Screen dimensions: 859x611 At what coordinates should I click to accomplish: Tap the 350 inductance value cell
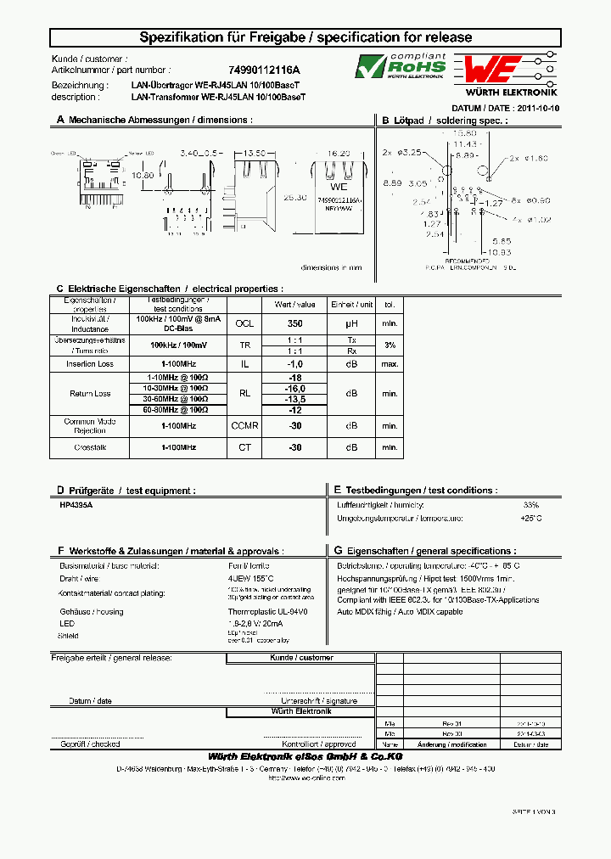294,323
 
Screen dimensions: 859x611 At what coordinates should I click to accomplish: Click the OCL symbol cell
244,323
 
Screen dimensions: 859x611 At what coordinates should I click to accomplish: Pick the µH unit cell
352,323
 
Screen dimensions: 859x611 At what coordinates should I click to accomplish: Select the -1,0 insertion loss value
294,363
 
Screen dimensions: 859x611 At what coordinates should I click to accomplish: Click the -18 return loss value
294,377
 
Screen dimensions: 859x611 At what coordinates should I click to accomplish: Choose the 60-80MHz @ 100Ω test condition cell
177,409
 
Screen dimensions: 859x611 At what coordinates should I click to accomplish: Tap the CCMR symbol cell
244,425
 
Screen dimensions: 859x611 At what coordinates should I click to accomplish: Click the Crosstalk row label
90,446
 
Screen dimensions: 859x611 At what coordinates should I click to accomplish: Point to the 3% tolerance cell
390,345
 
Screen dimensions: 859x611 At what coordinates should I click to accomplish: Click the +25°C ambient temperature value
531,518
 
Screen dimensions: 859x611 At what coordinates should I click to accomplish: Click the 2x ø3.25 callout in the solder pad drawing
402,152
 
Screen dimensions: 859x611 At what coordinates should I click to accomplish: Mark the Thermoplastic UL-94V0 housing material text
267,611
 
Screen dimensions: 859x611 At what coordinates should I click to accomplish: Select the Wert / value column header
294,304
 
